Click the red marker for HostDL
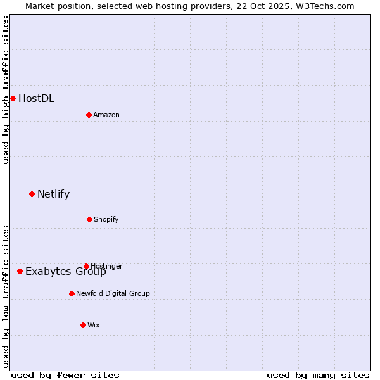13,98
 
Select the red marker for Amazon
89,115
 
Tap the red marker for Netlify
32,194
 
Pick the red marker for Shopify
89,219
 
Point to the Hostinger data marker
86,266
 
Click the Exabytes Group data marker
20,271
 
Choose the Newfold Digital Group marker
72,293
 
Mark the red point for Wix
83,325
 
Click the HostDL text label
36,98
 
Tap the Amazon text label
106,115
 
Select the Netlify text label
53,194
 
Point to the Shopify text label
106,219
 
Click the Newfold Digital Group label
113,293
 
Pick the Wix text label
94,325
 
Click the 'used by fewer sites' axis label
65,375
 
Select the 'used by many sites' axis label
318,375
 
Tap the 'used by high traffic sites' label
6,90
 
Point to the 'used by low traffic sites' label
6,296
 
